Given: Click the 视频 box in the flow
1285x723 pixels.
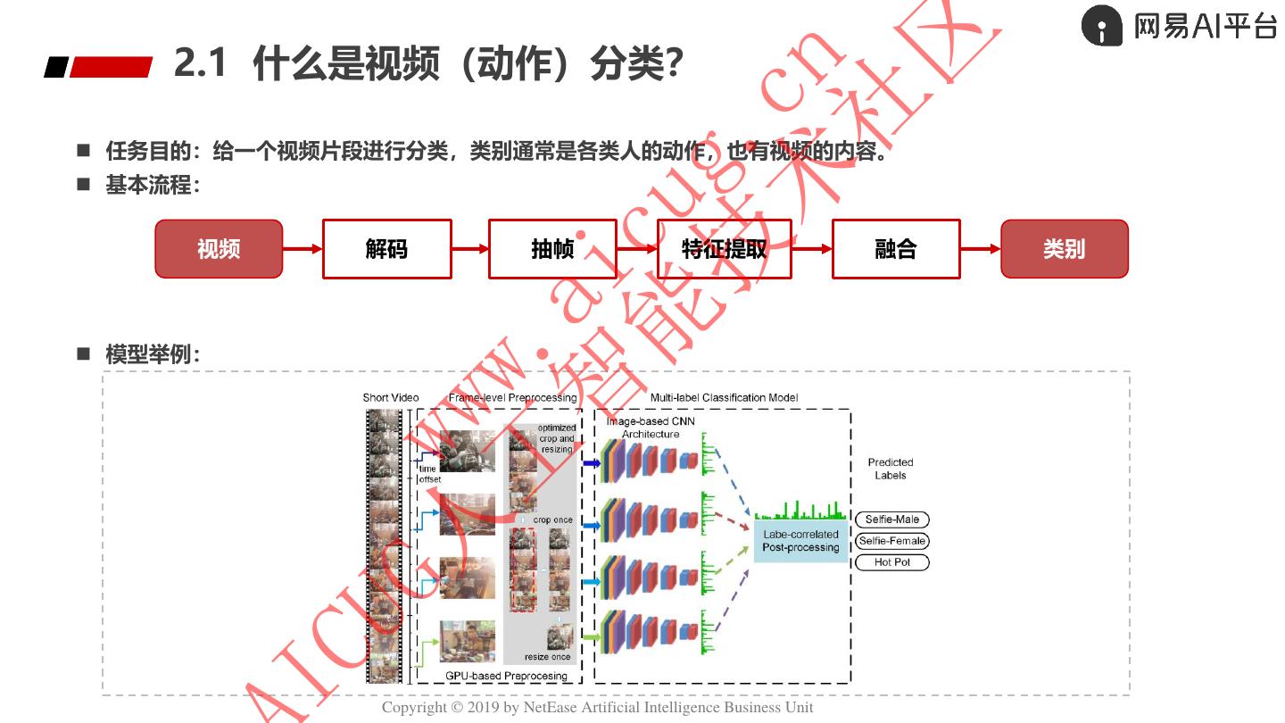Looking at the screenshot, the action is pos(219,249).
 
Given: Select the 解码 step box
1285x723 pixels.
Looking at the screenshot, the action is pos(386,249).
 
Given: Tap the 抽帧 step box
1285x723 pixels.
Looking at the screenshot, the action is pos(552,249).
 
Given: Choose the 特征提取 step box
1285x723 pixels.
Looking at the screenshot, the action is pos(724,249).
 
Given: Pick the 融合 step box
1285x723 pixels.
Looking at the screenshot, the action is pos(896,249).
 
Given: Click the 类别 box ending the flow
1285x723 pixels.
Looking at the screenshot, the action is pos(1064,249).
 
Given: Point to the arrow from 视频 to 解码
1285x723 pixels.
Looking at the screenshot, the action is pos(303,249).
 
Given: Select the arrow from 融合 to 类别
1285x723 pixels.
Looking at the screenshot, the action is pos(981,249).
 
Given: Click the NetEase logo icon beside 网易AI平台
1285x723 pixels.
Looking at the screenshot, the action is pos(1102,26).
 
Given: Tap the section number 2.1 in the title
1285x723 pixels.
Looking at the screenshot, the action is pos(200,64).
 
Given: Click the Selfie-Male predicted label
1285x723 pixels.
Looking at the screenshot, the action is pos(891,519).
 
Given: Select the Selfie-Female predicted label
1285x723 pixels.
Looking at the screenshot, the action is pos(891,541).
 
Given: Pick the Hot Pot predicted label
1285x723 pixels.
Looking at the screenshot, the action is pos(891,562).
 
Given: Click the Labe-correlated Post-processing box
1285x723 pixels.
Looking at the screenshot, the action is pos(800,541).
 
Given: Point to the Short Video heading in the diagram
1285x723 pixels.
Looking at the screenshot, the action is pos(391,398).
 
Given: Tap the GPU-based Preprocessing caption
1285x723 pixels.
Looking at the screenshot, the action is pos(506,676).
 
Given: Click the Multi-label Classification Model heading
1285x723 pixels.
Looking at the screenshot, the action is pos(724,398).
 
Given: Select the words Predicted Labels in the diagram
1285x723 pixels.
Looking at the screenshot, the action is pos(890,469).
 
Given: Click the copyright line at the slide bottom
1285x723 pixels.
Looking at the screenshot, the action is pos(597,708).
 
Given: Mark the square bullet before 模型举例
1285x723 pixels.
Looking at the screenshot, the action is pos(84,354).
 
